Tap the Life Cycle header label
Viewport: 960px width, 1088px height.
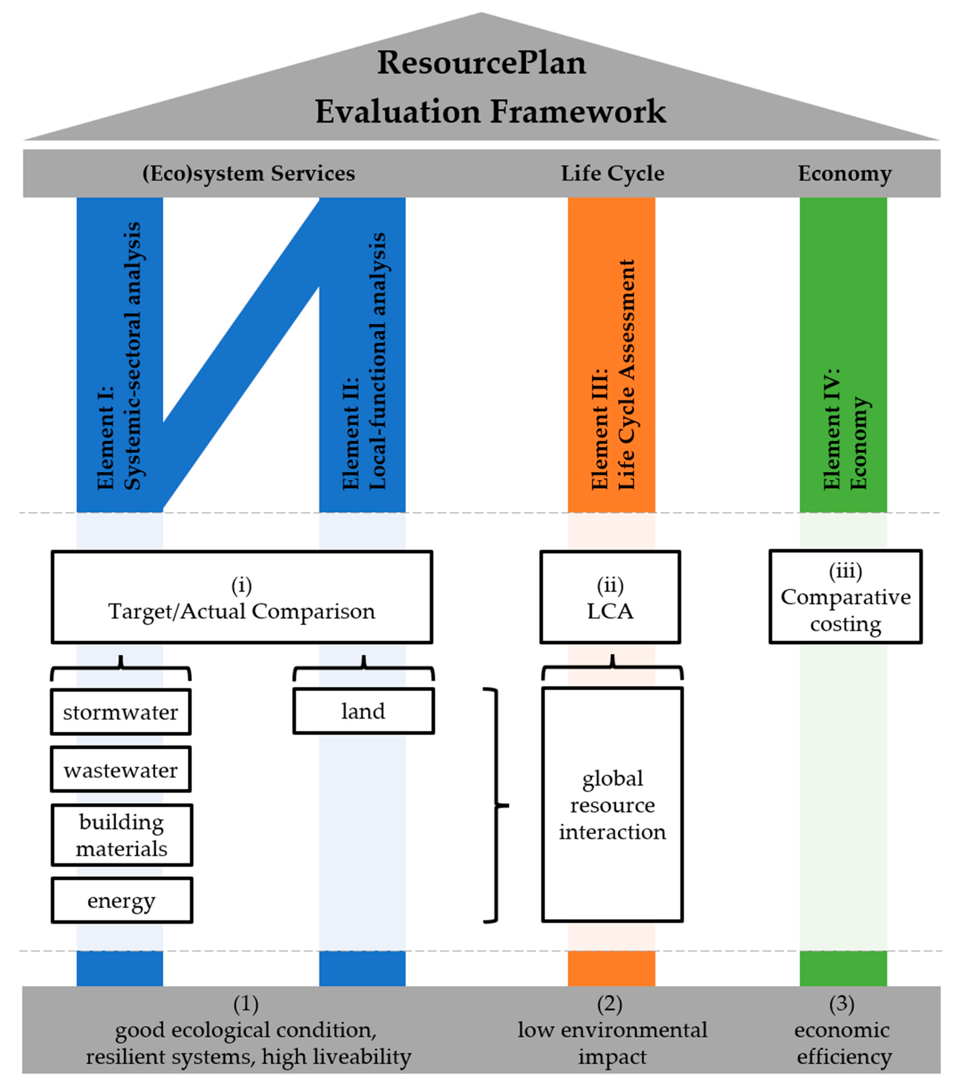point(612,173)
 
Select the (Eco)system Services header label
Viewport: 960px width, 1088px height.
point(248,173)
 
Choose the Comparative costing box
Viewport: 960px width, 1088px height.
point(845,597)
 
